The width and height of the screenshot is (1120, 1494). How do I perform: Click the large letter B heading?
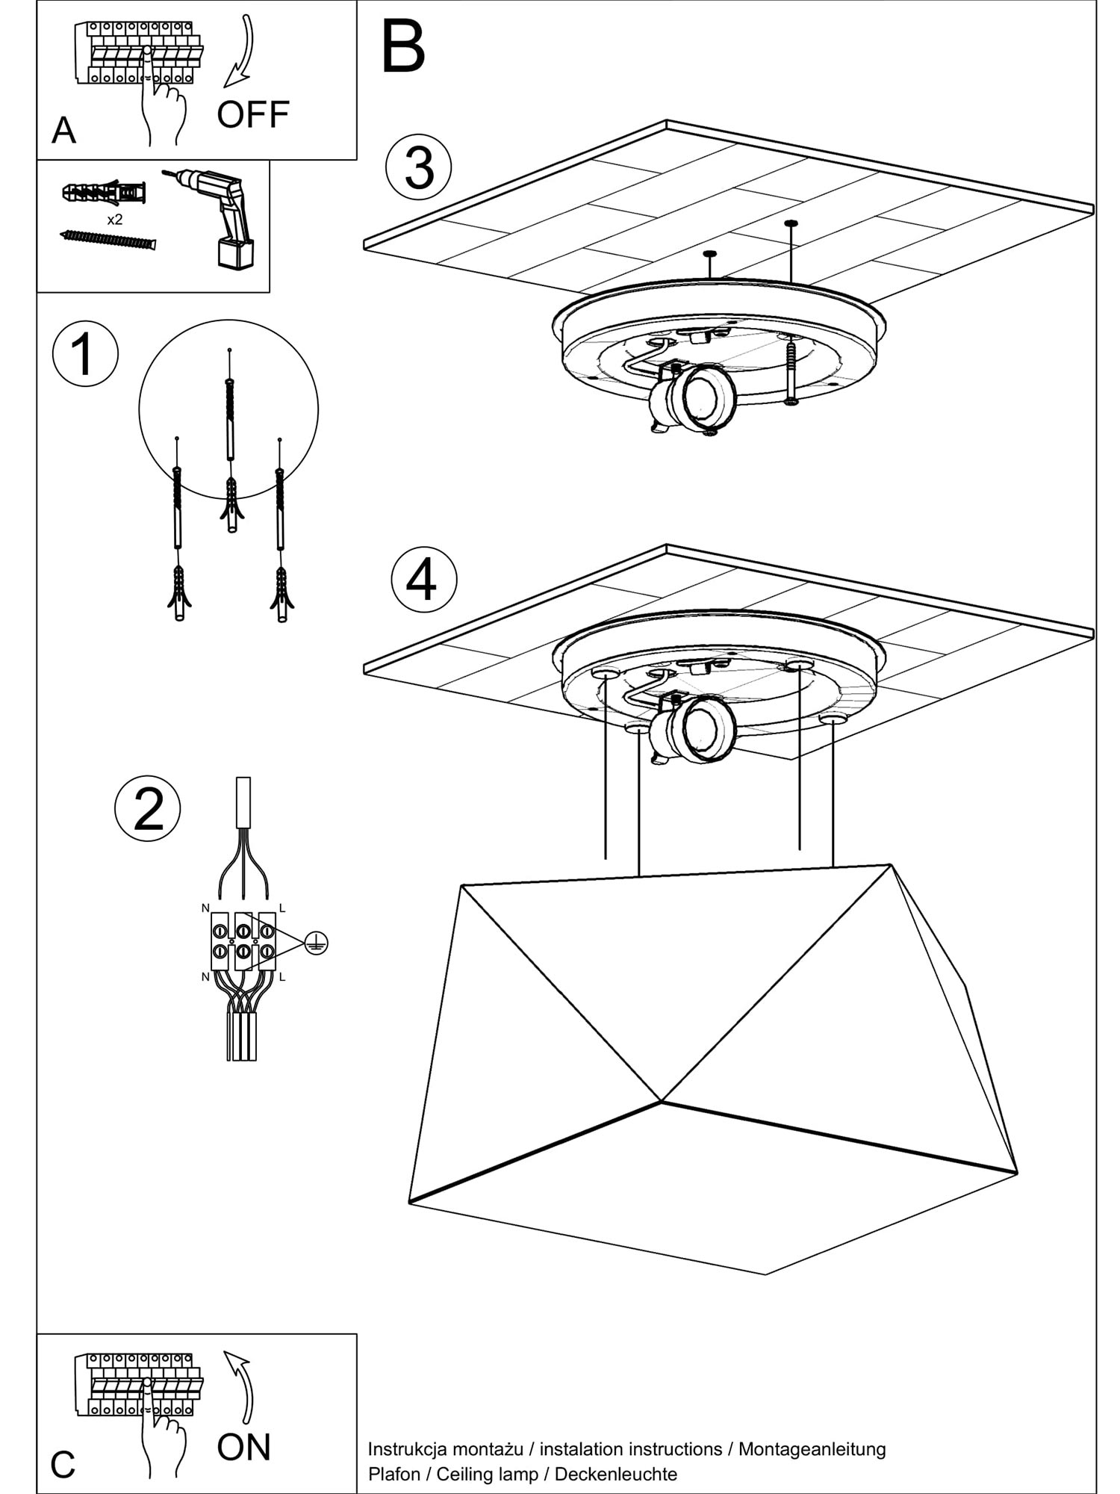pos(403,48)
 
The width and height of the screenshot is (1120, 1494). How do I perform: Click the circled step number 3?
pos(419,167)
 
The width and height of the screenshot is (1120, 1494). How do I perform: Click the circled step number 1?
pos(85,353)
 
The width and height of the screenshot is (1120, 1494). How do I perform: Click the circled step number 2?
pos(147,809)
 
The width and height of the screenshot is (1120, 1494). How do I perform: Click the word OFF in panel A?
pos(253,114)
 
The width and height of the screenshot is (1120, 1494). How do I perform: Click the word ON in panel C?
pos(243,1447)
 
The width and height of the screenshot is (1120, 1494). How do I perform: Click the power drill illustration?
pos(220,213)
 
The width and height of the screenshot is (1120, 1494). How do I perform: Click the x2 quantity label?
pos(114,220)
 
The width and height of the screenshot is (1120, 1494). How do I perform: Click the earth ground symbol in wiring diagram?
pos(317,943)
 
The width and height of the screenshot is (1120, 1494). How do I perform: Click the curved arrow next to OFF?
pos(241,52)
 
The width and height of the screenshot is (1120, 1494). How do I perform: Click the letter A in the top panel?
pos(63,131)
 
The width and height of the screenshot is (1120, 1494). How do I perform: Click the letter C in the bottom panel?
pos(63,1465)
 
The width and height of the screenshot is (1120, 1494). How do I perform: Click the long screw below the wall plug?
pos(108,240)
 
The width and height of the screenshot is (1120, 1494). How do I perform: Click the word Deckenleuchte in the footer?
pos(616,1474)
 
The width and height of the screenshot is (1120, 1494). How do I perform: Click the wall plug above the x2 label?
pos(105,193)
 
